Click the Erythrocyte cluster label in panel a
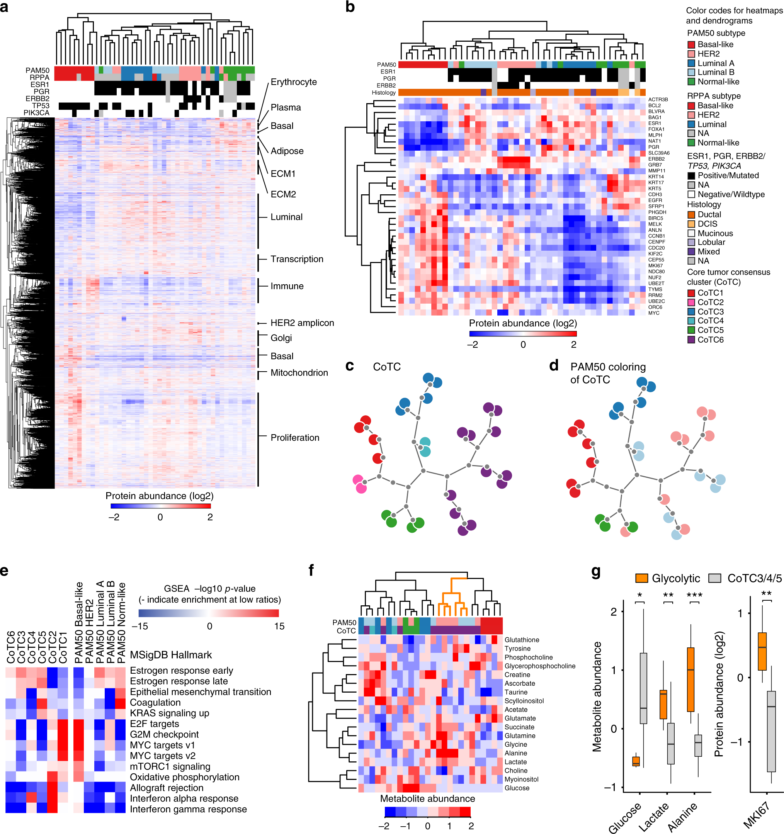[293, 82]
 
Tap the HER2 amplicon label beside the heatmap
[302, 323]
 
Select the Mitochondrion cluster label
[299, 372]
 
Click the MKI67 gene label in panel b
[655, 265]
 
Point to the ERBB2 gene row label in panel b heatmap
[656, 159]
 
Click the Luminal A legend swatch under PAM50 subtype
[691, 63]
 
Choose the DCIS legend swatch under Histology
[691, 224]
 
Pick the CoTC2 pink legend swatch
[691, 302]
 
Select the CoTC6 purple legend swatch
[691, 340]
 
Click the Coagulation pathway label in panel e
[155, 702]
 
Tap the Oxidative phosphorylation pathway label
[185, 777]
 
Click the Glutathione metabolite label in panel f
[522, 640]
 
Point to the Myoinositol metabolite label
[521, 779]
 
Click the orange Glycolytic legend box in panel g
[642, 579]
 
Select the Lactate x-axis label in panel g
[653, 816]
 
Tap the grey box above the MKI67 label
[771, 731]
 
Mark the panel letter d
[554, 366]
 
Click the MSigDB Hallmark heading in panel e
[171, 655]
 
